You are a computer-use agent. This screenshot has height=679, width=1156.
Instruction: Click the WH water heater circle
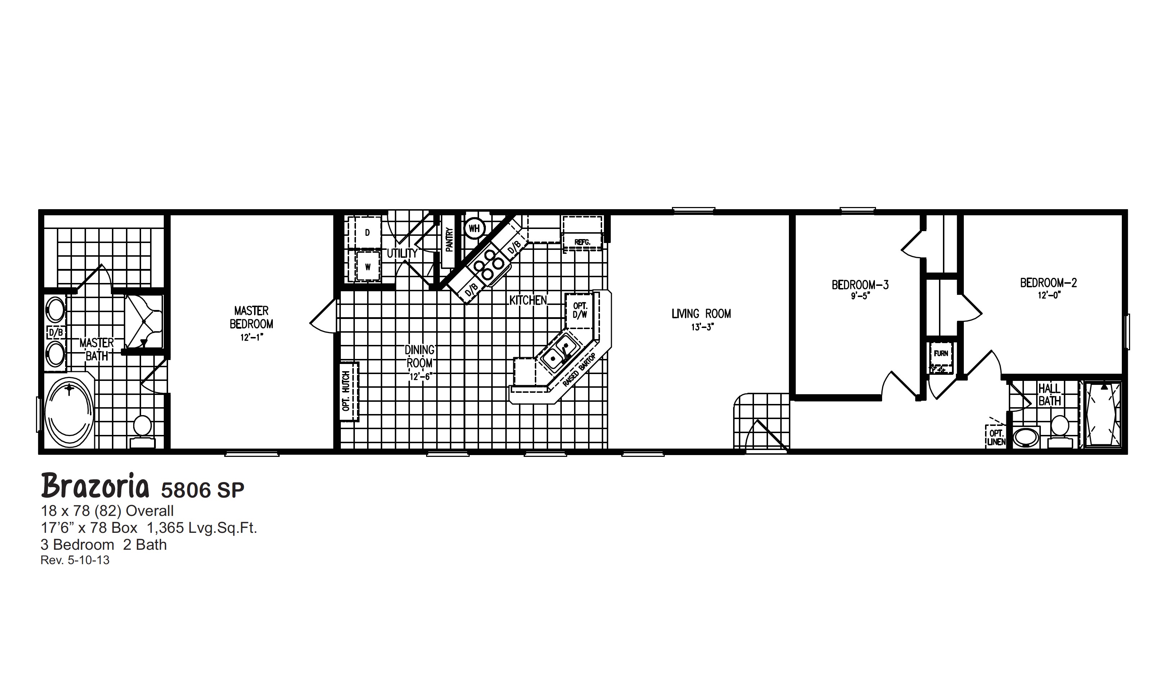click(x=474, y=228)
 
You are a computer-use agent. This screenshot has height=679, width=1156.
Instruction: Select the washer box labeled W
click(x=367, y=266)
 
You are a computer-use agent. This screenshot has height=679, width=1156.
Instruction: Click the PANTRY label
click(x=449, y=239)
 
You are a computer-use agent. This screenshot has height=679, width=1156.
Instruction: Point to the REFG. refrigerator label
click(x=582, y=242)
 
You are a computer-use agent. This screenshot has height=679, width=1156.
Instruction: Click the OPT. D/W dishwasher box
click(x=579, y=311)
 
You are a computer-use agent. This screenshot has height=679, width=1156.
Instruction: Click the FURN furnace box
click(x=941, y=354)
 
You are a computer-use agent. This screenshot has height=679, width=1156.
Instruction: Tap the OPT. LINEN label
click(x=996, y=438)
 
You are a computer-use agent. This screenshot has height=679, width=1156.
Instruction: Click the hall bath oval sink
click(x=1025, y=437)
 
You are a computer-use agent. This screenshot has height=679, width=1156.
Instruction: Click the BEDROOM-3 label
click(x=860, y=285)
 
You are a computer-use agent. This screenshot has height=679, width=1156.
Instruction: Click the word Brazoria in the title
click(x=95, y=487)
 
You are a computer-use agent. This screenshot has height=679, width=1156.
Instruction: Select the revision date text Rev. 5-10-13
click(x=75, y=560)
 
